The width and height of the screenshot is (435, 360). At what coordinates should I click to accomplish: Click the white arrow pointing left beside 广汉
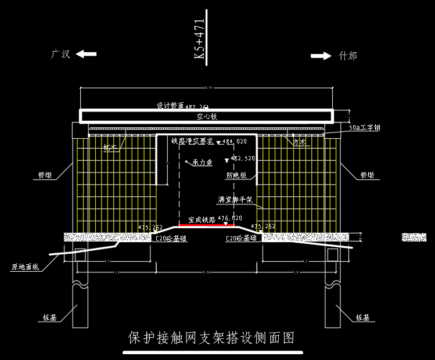(87, 54)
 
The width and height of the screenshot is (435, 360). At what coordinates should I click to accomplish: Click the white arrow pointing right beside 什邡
(321, 56)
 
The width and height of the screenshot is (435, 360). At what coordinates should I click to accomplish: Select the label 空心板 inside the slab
(206, 117)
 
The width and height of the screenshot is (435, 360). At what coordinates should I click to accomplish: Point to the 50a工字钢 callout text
(365, 128)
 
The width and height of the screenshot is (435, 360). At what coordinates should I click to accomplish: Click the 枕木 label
(110, 147)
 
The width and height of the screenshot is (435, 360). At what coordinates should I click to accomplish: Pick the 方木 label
(300, 142)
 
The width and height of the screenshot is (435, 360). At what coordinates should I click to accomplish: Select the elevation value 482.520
(243, 158)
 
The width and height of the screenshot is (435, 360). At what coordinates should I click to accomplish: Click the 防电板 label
(236, 175)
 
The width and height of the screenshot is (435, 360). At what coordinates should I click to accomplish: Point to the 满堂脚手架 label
(235, 199)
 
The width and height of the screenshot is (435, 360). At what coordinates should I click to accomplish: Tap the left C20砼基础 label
(171, 238)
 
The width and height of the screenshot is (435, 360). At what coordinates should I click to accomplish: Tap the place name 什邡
(348, 56)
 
